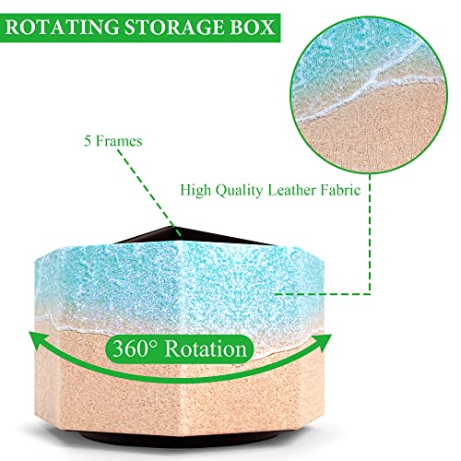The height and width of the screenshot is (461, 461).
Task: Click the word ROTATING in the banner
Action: (63, 27)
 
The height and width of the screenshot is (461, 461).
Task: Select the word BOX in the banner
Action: (252, 27)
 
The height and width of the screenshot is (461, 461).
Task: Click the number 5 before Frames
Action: (88, 141)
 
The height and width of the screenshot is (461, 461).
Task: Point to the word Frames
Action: (119, 141)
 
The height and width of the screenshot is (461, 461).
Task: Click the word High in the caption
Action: (195, 191)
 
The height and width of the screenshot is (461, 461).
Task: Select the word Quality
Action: (239, 191)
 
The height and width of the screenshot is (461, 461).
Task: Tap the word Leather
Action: (291, 190)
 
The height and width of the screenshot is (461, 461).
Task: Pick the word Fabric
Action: (340, 190)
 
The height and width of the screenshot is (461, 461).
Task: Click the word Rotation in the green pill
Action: (206, 349)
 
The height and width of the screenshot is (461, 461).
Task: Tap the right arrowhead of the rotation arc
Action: (322, 342)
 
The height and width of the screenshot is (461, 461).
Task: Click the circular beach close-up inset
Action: (369, 95)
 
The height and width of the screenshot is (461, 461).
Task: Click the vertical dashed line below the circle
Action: (370, 234)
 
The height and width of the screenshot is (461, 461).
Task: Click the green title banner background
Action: (140, 28)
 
